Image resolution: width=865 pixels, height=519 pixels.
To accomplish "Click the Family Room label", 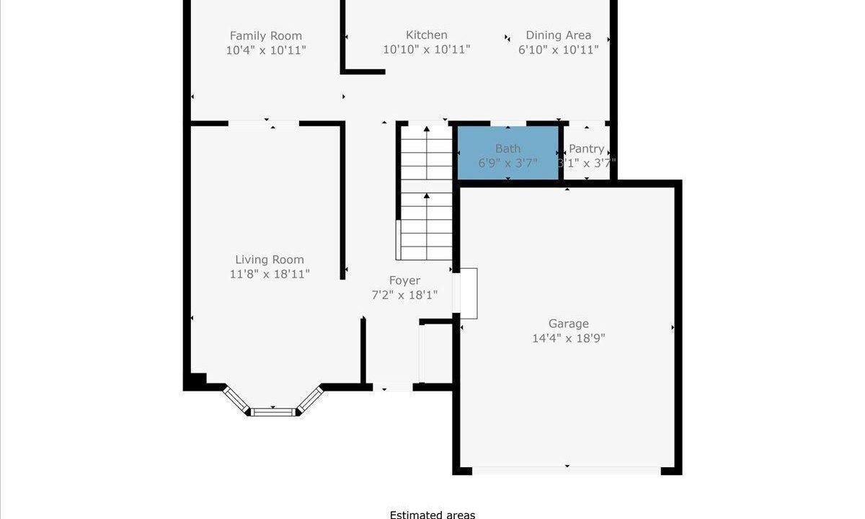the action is click(x=266, y=36).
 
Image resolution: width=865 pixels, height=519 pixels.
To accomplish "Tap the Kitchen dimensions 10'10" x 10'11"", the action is click(x=426, y=50).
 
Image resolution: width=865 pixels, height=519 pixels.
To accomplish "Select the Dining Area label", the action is click(x=559, y=35).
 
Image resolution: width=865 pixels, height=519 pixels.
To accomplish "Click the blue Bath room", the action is click(x=508, y=153).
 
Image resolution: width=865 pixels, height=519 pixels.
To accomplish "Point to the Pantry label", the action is click(x=586, y=148).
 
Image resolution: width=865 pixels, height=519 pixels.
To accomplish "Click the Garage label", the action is click(x=569, y=324).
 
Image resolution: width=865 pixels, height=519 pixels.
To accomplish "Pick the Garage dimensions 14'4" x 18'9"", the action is click(x=569, y=339).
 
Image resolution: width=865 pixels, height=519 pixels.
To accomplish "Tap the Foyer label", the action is click(x=404, y=280).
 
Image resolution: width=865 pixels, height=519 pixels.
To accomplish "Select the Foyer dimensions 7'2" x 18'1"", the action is click(x=404, y=296).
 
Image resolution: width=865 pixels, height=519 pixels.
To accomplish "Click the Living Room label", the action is click(x=270, y=259).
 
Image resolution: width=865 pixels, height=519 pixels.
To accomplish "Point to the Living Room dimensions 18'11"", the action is click(x=291, y=274).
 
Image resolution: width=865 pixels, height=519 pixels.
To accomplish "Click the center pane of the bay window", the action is click(x=273, y=412).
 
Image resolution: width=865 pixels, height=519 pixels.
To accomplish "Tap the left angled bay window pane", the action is click(x=236, y=401).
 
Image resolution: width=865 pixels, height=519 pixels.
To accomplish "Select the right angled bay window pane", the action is click(x=310, y=400).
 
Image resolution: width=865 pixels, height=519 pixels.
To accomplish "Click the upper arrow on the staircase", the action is click(x=426, y=153).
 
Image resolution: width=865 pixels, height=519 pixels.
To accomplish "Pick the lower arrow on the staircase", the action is click(x=426, y=226).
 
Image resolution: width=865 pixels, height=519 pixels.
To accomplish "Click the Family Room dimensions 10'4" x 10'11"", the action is click(x=266, y=50).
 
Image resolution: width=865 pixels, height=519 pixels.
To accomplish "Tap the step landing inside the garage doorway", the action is click(x=469, y=293).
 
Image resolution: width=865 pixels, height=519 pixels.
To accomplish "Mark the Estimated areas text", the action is click(x=432, y=515).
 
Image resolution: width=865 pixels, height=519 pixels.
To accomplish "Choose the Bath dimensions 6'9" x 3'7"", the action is click(x=507, y=164).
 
